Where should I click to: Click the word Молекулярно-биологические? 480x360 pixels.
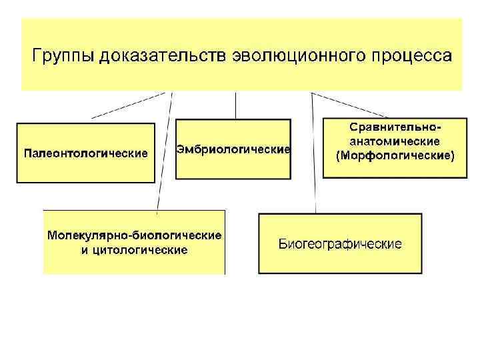(x=134, y=236)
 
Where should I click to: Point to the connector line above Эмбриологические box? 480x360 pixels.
(x=235, y=105)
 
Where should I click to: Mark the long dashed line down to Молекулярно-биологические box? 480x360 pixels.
(x=164, y=153)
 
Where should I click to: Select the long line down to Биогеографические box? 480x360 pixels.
(x=313, y=153)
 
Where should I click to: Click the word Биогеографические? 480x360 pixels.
(x=339, y=244)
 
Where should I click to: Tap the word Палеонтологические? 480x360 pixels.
(x=85, y=154)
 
